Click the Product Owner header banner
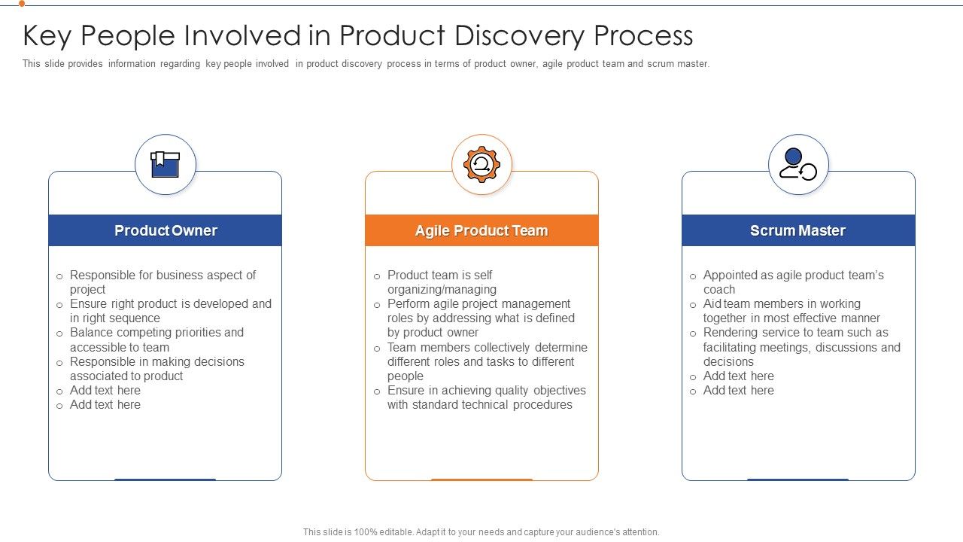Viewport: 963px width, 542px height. tap(166, 230)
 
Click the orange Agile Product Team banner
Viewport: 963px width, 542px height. tap(481, 230)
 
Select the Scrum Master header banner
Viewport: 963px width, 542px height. tap(798, 230)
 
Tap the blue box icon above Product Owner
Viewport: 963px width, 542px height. tap(166, 165)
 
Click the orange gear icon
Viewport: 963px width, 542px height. tap(481, 165)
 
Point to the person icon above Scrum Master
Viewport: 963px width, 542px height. tap(798, 165)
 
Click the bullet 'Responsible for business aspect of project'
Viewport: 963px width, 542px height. tap(163, 282)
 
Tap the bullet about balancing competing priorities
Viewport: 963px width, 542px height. tap(156, 340)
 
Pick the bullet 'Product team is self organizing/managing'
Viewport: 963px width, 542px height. tap(442, 282)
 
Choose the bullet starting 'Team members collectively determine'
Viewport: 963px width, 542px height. tap(487, 361)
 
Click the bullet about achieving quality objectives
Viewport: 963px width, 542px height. tap(486, 397)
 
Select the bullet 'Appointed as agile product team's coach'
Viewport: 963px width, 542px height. tap(793, 282)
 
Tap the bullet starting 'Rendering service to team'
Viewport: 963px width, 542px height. tap(801, 347)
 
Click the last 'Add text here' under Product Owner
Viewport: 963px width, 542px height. tap(105, 405)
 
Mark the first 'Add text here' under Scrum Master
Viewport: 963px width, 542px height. tap(738, 376)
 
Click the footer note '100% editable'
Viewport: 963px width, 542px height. tap(481, 532)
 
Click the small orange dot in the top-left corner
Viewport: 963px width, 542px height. tap(22, 3)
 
